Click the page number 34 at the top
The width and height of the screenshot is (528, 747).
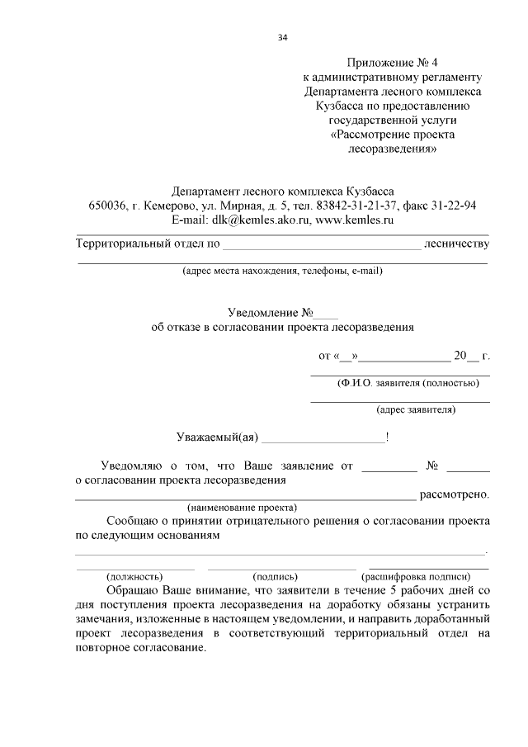tap(283, 38)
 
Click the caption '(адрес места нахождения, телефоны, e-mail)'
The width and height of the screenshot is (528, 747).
tap(282, 271)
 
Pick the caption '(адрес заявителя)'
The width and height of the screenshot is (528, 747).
tap(416, 409)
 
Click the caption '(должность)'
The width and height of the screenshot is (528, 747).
tap(134, 576)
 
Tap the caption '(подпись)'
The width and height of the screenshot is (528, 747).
tap(276, 576)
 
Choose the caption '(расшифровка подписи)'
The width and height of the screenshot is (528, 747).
tap(416, 576)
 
